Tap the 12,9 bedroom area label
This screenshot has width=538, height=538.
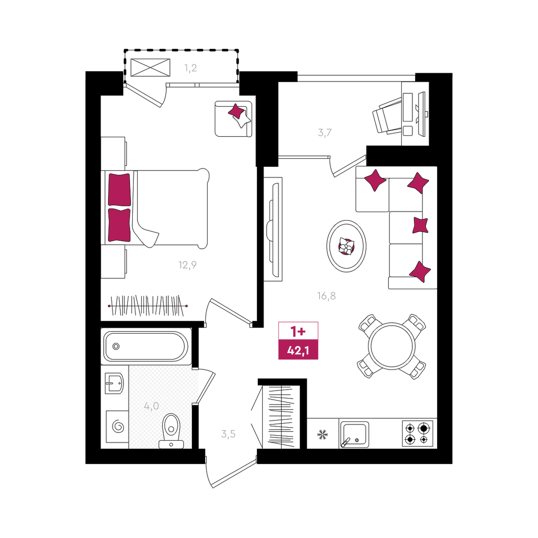pos(187,265)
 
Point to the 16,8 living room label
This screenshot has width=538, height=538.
pos(326,295)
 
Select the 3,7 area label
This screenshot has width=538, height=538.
pos(325,133)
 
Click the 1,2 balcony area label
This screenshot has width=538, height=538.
pos(191,68)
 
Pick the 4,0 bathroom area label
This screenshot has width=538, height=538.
pos(152,406)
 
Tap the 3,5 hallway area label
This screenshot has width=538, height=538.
pos(228,434)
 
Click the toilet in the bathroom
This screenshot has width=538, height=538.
pos(171,431)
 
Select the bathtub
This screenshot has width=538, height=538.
pos(146,347)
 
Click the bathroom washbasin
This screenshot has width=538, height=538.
pos(114,383)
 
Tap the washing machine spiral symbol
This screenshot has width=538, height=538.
pos(118,426)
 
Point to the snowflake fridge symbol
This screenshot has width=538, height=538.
pos(322,434)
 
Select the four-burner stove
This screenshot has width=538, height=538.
pos(417,433)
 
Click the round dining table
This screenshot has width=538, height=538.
pos(391,346)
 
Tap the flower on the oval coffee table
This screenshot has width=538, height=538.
pos(346,246)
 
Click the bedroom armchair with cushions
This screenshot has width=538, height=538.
pos(234,119)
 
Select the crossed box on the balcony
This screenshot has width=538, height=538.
pos(151,68)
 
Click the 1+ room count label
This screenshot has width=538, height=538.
pos(298,332)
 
